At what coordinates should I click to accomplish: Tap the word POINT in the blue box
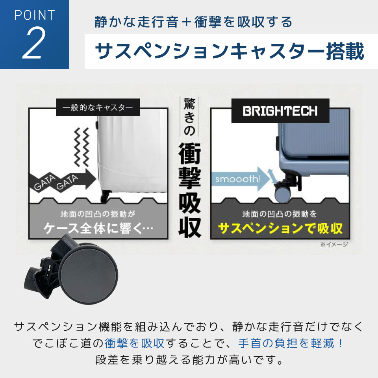(35, 15)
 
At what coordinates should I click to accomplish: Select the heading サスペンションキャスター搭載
(230, 52)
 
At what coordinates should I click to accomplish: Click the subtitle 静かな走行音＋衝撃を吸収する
(193, 22)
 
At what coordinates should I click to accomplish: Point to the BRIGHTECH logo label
(280, 111)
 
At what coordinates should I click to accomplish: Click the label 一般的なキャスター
(98, 107)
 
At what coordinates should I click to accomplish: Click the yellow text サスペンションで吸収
(280, 228)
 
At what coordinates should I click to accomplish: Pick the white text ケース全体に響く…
(98, 228)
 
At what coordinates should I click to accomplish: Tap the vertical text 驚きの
(189, 117)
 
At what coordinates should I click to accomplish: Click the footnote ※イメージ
(334, 245)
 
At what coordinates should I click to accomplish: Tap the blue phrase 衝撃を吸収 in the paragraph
(134, 343)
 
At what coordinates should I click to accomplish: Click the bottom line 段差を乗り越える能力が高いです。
(189, 360)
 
